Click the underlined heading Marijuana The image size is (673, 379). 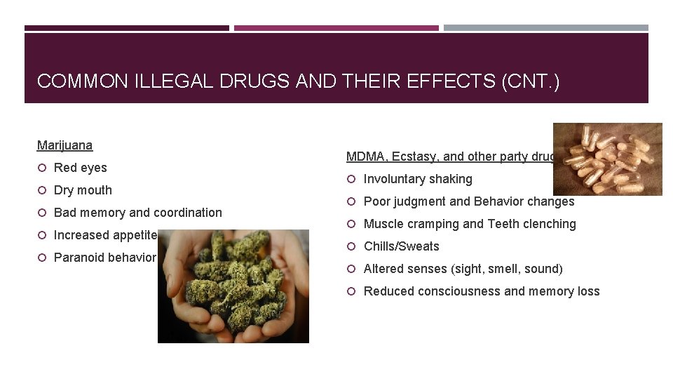point(64,145)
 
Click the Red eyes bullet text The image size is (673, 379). point(80,168)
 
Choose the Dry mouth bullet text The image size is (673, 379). point(83,190)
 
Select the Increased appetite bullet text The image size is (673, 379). point(104,235)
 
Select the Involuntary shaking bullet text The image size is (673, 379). point(418,179)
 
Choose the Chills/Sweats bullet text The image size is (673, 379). point(401,246)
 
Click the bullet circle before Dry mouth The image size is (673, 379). point(42,190)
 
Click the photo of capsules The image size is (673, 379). point(607,159)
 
